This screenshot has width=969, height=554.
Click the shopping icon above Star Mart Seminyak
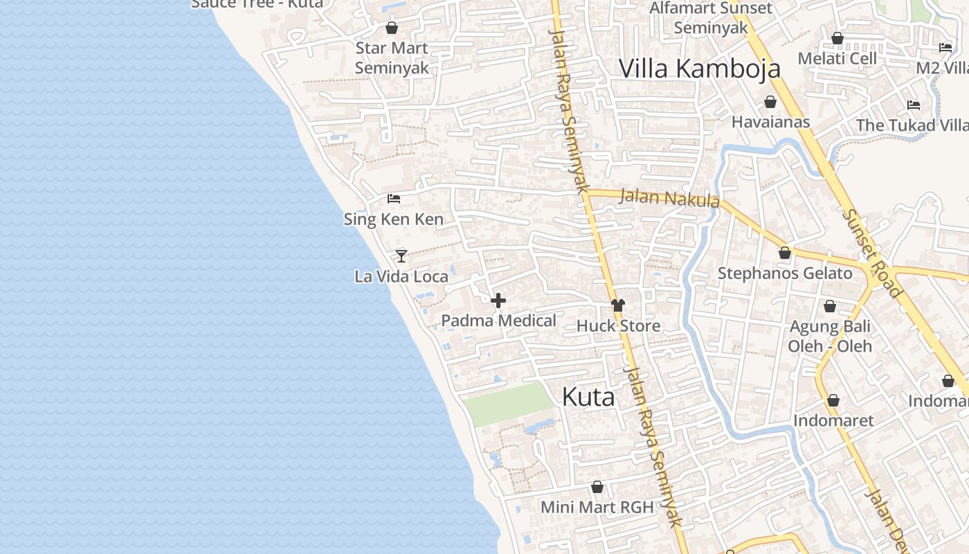tap(392, 28)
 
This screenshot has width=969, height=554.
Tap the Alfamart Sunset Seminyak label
tap(711, 18)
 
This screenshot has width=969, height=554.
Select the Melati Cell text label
tap(837, 58)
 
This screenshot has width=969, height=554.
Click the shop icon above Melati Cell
tap(837, 38)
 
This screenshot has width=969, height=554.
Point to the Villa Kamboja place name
tap(699, 69)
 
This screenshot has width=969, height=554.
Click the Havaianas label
tap(770, 122)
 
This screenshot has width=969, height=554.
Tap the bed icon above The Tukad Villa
tap(914, 105)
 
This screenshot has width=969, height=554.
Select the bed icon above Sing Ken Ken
tap(394, 199)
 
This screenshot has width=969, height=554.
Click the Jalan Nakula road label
tap(669, 198)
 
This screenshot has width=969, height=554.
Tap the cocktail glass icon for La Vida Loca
tap(401, 256)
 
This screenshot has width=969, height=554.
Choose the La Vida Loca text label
tap(401, 276)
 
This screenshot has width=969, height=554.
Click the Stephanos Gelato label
tap(785, 273)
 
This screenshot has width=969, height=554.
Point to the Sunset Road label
tap(871, 252)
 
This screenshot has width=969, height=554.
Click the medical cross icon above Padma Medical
tap(498, 301)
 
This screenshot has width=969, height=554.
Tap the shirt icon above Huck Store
tap(617, 305)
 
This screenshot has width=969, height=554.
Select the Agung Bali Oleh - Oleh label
tap(830, 336)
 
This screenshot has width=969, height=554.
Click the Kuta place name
tap(588, 397)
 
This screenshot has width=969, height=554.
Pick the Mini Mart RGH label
tap(597, 507)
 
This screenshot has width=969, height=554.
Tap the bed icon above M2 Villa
tap(945, 48)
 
